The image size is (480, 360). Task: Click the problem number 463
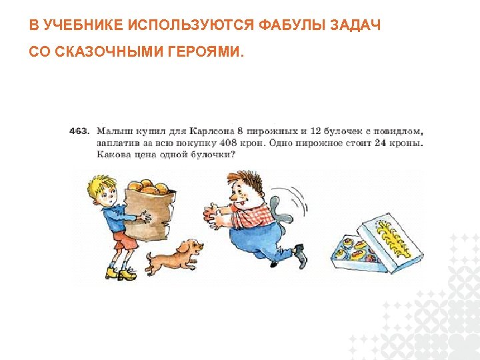coord(79,131)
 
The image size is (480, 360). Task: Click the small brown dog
coord(172,255)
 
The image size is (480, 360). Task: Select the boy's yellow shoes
coord(120,272)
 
